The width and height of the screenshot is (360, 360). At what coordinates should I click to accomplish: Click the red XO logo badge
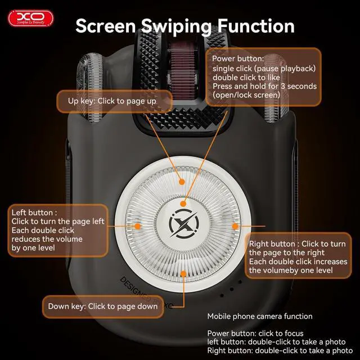(30, 18)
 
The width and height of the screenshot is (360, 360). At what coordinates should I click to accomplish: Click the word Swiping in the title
(176, 26)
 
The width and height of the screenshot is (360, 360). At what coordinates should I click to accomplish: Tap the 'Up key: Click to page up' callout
(114, 101)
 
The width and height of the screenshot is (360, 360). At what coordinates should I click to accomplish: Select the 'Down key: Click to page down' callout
(103, 307)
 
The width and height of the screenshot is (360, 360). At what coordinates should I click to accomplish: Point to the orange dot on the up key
(182, 182)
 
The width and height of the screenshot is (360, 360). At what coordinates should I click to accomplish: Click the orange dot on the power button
(183, 204)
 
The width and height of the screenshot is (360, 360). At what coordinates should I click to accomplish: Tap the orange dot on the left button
(137, 226)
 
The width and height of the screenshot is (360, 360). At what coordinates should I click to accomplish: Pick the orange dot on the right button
(235, 226)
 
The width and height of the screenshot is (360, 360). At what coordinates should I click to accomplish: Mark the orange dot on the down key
(183, 274)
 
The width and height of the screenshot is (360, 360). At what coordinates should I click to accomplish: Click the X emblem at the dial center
(184, 223)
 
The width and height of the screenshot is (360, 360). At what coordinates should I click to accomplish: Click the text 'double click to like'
(246, 78)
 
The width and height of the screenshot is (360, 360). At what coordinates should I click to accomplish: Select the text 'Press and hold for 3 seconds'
(264, 86)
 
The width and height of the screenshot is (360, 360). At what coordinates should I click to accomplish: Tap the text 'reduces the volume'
(47, 239)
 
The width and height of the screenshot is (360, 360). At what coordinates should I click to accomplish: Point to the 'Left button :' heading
(34, 213)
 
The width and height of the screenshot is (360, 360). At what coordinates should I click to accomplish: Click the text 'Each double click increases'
(298, 262)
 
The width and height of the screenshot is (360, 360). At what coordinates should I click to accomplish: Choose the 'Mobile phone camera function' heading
(260, 316)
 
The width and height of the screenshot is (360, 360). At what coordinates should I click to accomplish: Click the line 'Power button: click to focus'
(255, 334)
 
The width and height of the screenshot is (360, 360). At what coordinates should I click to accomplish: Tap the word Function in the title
(256, 26)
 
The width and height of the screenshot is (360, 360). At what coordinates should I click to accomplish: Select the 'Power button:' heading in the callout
(238, 58)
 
